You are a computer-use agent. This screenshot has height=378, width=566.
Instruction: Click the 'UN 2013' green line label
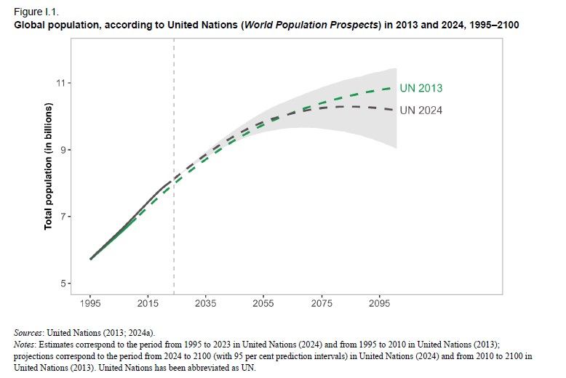tap(421, 89)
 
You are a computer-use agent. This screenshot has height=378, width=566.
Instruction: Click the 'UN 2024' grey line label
tap(421, 110)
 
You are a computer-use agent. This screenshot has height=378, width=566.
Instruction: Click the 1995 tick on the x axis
tap(90, 302)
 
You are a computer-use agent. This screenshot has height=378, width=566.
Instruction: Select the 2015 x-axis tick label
tap(148, 302)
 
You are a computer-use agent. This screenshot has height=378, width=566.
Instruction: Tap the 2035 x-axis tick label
tap(206, 302)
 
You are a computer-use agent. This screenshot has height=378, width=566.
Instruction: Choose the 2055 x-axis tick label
tap(263, 302)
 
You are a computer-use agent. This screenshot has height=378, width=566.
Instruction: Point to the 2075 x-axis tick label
tap(321, 302)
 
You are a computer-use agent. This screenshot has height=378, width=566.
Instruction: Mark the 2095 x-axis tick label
tap(378, 302)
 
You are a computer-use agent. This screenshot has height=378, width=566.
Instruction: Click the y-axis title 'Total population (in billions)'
tap(49, 166)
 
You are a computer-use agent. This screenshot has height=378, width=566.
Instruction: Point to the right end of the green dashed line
tap(394, 88)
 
